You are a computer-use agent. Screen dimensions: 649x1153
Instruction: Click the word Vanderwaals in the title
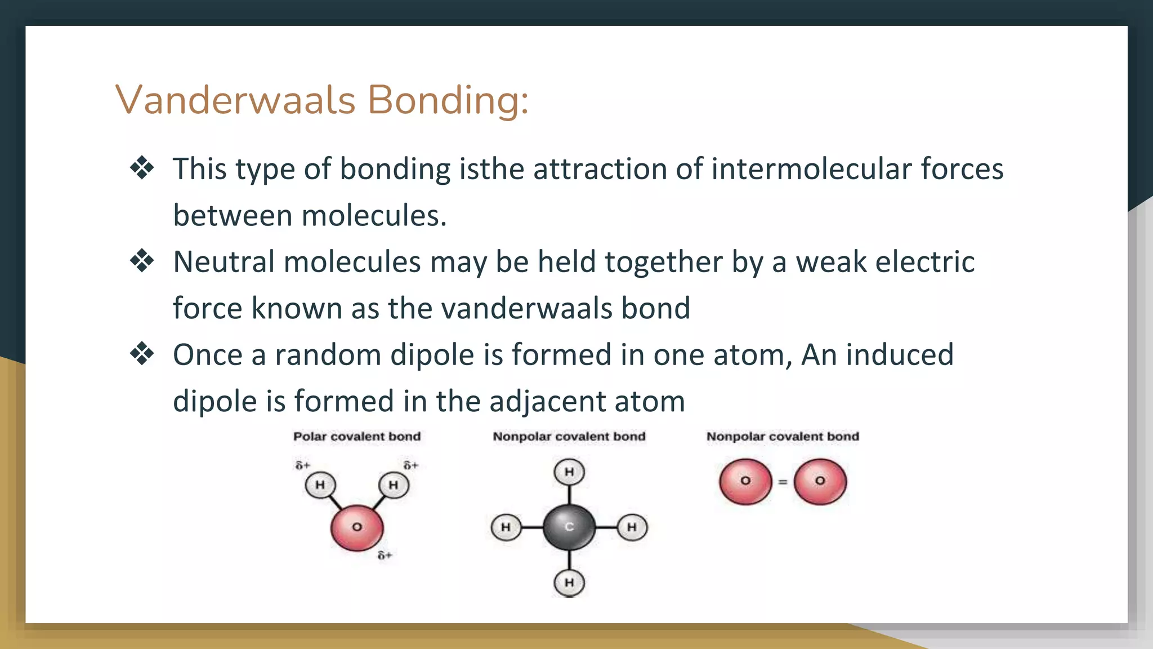click(235, 100)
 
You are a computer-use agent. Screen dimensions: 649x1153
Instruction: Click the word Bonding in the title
click(448, 100)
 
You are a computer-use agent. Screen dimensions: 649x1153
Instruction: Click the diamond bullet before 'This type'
click(142, 168)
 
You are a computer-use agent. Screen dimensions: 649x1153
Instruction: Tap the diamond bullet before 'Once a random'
click(142, 354)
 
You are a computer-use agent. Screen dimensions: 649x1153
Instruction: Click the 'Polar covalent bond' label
click(357, 437)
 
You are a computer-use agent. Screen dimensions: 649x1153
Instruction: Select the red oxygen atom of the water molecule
click(357, 527)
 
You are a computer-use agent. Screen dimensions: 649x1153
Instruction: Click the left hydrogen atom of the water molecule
click(320, 484)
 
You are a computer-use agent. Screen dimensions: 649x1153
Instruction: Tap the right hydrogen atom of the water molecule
click(394, 484)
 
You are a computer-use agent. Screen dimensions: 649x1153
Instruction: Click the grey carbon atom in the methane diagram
click(569, 527)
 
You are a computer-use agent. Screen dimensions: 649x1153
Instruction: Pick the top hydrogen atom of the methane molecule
click(569, 472)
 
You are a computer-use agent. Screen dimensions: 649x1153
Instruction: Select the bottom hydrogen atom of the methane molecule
click(569, 582)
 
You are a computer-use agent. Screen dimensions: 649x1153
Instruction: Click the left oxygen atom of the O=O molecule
click(745, 481)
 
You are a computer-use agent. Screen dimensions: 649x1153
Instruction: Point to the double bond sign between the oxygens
click(783, 482)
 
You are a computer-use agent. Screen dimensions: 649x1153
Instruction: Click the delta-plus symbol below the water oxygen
click(385, 555)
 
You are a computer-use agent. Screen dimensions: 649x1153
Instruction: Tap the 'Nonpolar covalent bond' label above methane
click(569, 437)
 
